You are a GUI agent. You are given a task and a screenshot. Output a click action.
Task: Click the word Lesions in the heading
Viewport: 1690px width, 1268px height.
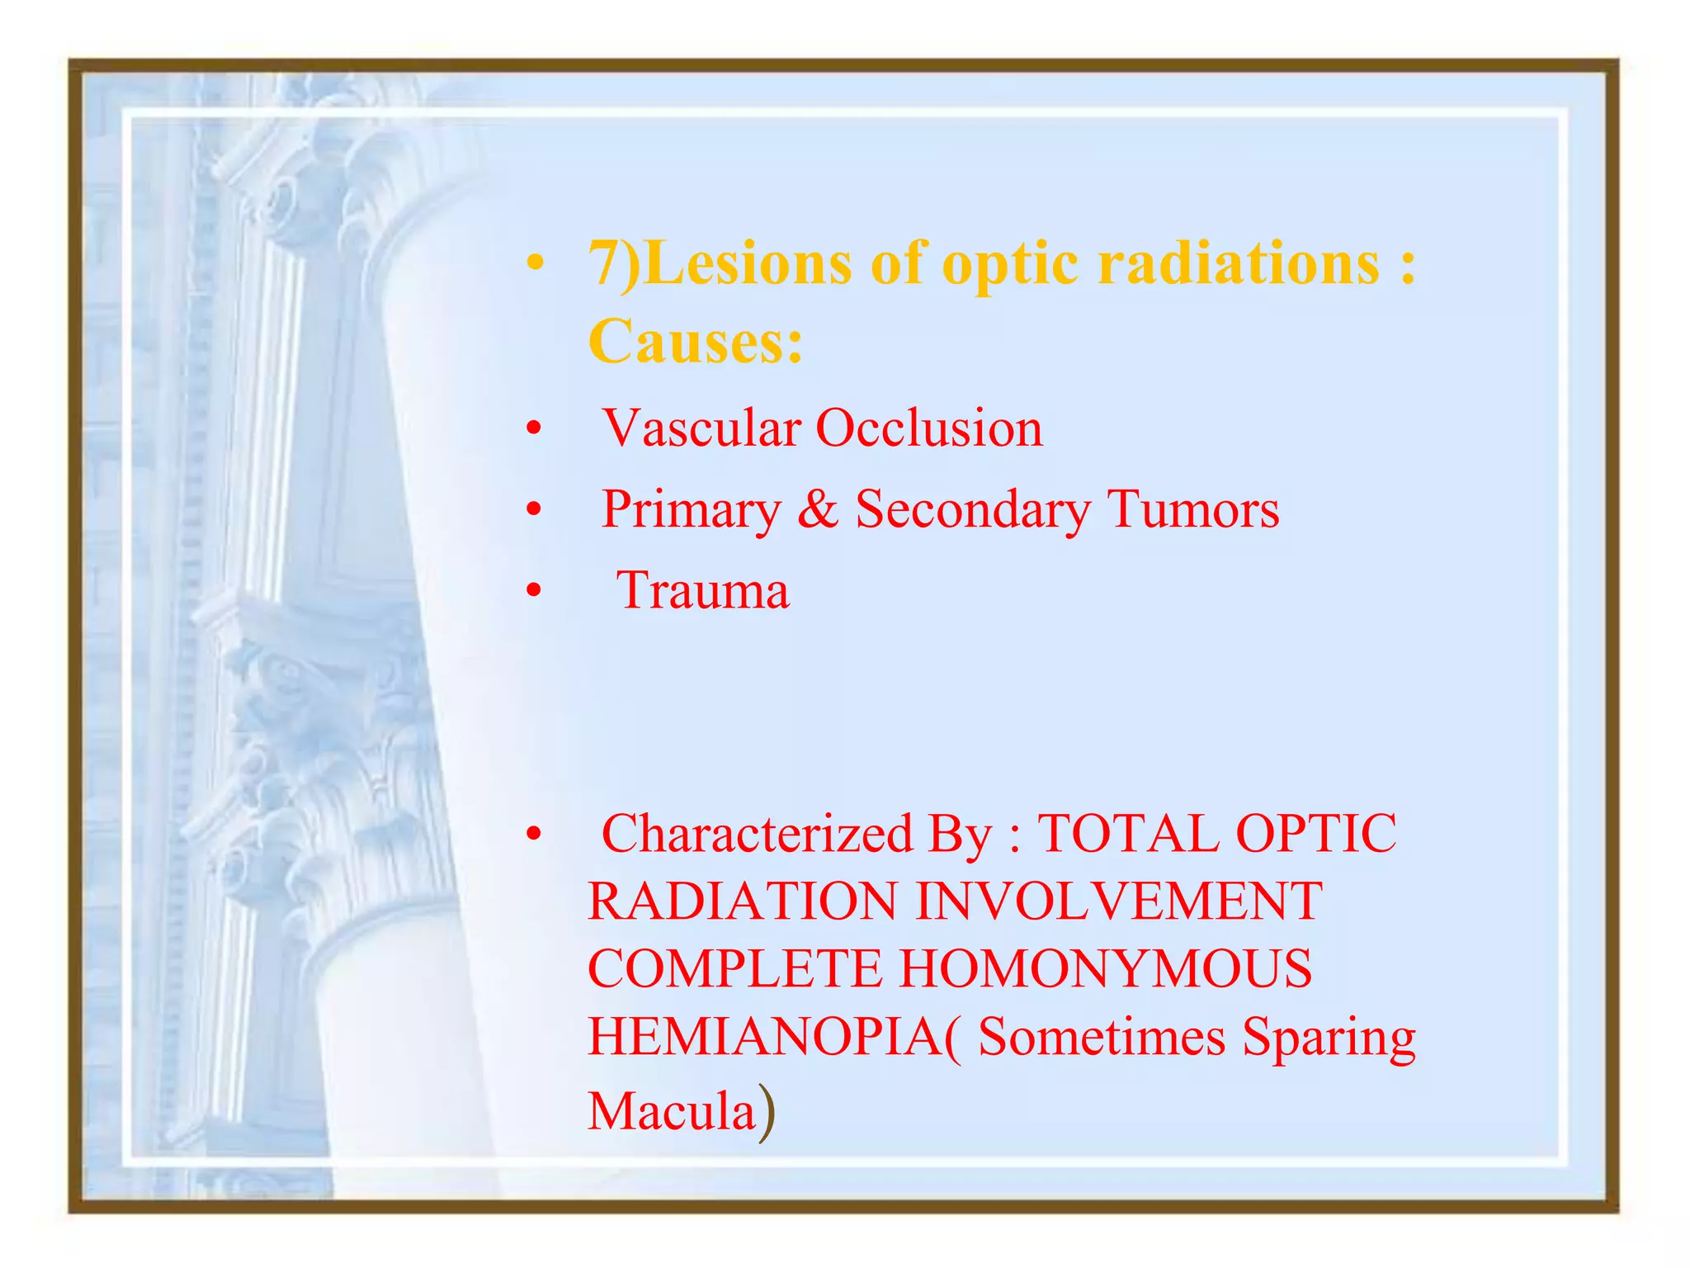[747, 263]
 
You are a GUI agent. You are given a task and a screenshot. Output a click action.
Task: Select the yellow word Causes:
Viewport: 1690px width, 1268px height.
[695, 341]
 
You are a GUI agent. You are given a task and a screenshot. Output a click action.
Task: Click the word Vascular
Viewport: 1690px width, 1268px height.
[701, 428]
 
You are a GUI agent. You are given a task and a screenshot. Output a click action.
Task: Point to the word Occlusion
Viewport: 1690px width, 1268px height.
[929, 428]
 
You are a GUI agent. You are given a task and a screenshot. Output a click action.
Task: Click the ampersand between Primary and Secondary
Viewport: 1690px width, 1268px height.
[817, 509]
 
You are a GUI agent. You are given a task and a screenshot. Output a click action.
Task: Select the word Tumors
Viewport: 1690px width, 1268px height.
[1192, 509]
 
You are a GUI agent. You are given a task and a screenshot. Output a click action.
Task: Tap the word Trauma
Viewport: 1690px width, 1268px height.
[703, 591]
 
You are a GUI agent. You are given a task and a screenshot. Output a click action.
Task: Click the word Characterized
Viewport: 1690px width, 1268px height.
[757, 834]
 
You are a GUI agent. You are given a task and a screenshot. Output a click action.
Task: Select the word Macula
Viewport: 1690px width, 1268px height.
[672, 1111]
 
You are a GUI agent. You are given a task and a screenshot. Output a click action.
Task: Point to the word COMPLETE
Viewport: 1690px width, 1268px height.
[734, 969]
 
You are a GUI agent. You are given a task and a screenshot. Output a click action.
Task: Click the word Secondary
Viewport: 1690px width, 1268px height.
[973, 509]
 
